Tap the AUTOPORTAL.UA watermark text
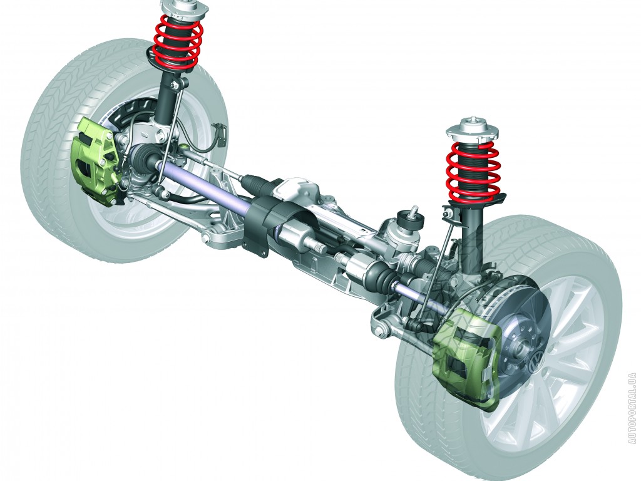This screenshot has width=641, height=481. click(633, 408)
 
